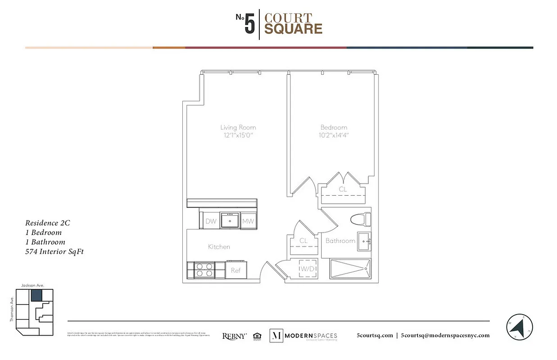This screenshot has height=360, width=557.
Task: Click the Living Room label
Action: (x=238, y=127)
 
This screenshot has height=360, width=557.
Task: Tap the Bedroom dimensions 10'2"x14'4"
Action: (x=334, y=135)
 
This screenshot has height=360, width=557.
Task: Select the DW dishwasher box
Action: (x=211, y=221)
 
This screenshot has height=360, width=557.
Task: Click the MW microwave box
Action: (x=248, y=221)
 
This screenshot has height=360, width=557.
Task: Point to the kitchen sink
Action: (x=230, y=220)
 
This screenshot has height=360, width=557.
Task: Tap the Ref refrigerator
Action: (x=236, y=270)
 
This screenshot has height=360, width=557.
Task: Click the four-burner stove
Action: (x=204, y=270)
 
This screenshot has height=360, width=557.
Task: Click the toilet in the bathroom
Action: (x=360, y=219)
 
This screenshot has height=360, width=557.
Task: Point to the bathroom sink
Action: (x=364, y=241)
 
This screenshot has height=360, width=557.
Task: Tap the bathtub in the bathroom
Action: (x=350, y=269)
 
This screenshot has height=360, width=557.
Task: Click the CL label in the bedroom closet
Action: (x=343, y=189)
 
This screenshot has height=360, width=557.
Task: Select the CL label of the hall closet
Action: (x=303, y=241)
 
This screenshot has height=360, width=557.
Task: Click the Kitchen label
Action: (x=219, y=247)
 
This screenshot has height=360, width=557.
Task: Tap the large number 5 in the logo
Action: (x=250, y=24)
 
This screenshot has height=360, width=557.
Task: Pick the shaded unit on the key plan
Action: (x=36, y=295)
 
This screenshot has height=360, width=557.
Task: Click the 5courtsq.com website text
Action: (x=375, y=335)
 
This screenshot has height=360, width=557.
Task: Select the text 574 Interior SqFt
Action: (x=54, y=252)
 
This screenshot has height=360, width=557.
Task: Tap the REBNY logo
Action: (x=234, y=336)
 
